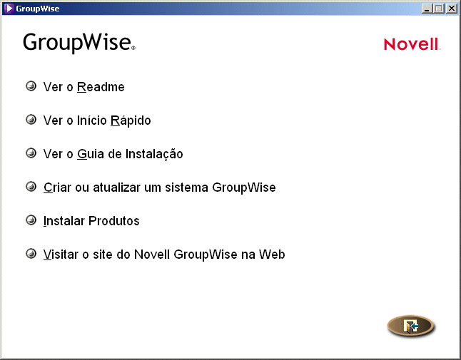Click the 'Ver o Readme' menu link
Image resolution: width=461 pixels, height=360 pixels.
click(83, 87)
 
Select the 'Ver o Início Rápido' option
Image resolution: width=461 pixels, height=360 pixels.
click(97, 120)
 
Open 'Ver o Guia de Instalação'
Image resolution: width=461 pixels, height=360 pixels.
click(113, 154)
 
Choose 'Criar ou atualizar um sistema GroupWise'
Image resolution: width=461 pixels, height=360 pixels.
click(159, 187)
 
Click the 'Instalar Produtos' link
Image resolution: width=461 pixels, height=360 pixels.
click(91, 221)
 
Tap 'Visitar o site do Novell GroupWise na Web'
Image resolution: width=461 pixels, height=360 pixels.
click(164, 254)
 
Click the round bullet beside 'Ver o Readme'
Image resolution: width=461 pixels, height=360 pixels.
click(31, 86)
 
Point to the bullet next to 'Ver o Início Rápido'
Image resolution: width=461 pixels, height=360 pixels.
click(31, 120)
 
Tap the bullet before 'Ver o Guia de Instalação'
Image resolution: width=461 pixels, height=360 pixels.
click(31, 153)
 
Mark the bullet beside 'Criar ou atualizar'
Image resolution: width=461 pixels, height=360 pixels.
click(31, 187)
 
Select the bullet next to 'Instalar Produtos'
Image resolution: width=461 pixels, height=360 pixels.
click(31, 220)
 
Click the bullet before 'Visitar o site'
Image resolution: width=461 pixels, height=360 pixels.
click(31, 253)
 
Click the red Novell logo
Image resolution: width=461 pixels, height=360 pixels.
click(412, 44)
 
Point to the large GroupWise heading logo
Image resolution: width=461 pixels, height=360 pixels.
click(78, 42)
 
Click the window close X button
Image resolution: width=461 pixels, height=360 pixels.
click(451, 9)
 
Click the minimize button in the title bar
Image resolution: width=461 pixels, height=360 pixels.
click(427, 9)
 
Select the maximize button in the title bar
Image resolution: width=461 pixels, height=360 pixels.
click(438, 9)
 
